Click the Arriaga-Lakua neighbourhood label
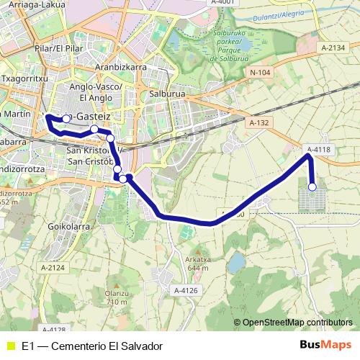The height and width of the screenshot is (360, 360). pyautogui.click(x=33, y=4)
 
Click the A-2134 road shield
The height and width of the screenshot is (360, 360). pyautogui.click(x=334, y=48)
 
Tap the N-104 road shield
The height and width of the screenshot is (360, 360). pyautogui.click(x=260, y=73)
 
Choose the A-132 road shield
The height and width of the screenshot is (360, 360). pyautogui.click(x=258, y=123)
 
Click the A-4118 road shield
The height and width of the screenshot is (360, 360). pyautogui.click(x=318, y=150)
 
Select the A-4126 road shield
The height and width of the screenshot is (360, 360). pyautogui.click(x=186, y=289)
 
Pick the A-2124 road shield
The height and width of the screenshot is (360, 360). pyautogui.click(x=53, y=268)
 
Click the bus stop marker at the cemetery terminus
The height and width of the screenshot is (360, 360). pyautogui.click(x=312, y=187)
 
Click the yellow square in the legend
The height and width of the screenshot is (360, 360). pyautogui.click(x=10, y=346)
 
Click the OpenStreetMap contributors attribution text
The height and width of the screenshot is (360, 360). pyautogui.click(x=297, y=322)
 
